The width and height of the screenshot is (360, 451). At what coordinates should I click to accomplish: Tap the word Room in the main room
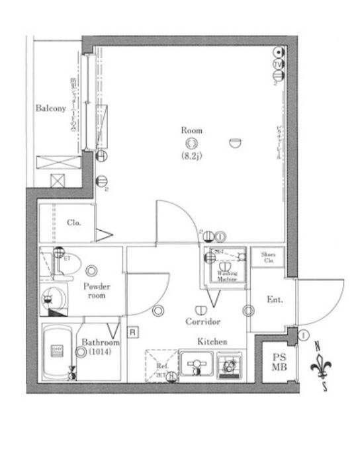click(192, 130)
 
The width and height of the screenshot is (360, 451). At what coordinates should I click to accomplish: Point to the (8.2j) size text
click(192, 156)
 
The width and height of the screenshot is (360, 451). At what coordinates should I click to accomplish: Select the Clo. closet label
click(73, 223)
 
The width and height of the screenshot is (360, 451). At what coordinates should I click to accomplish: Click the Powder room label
click(97, 291)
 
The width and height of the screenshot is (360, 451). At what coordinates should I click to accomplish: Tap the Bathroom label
click(101, 343)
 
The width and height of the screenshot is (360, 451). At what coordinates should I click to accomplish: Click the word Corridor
click(202, 321)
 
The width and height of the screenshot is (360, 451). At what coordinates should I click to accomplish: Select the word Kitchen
click(212, 342)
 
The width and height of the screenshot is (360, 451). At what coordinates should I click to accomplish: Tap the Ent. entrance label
click(275, 300)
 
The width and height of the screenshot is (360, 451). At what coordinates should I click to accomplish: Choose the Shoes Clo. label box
click(268, 257)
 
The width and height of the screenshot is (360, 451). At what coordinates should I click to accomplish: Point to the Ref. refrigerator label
click(162, 366)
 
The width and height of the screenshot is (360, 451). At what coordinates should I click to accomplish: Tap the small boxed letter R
click(133, 333)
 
